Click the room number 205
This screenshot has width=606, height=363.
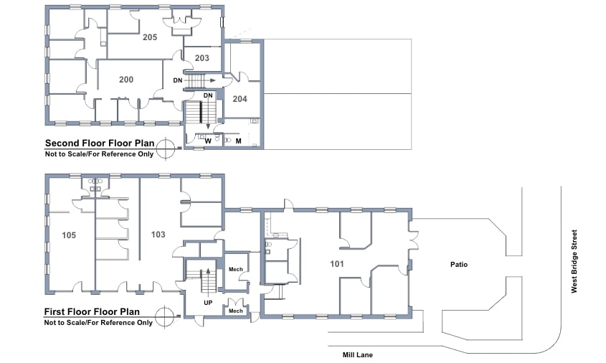point(150,37)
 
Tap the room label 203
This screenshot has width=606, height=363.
point(202,58)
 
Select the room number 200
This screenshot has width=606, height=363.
point(126,80)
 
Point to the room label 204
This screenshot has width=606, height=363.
point(240,99)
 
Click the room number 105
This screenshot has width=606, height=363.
point(69,235)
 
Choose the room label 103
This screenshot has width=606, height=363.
point(158,235)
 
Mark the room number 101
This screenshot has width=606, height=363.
point(337,264)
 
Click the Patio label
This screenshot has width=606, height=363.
point(459,265)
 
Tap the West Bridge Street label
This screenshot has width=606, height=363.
point(574,261)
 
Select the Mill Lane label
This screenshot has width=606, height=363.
point(357,354)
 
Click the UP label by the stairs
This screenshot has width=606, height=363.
point(208,303)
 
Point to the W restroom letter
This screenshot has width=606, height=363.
point(208,141)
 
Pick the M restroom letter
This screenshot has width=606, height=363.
point(239,141)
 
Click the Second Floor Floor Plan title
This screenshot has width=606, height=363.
point(100,143)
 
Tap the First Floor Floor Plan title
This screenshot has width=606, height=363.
point(92,311)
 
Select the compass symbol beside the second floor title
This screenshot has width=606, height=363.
point(166,148)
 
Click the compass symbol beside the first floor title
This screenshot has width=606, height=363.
point(166,316)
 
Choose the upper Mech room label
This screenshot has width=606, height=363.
point(236,270)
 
